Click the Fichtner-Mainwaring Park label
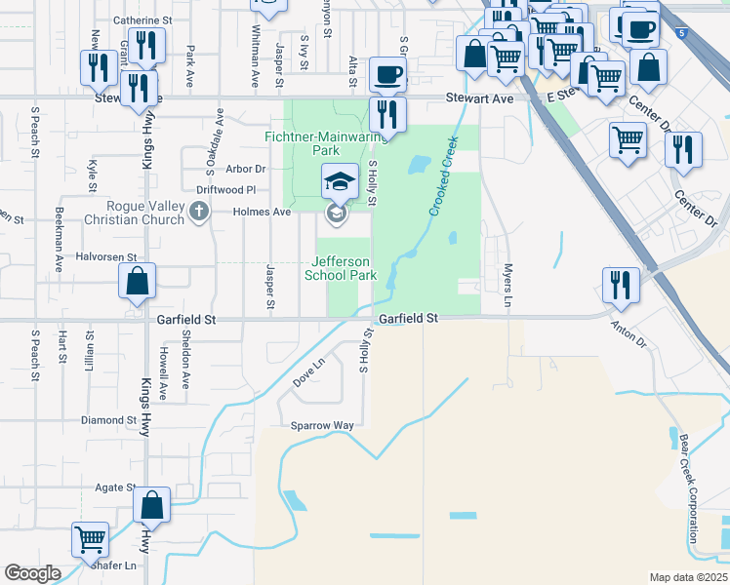pos(303,144)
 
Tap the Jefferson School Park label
pos(341,268)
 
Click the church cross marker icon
pos(199,212)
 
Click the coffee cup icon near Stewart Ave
pos(388,74)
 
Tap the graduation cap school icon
pos(339,181)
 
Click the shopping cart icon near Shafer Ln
pos(91,538)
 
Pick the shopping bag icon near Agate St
pos(151,504)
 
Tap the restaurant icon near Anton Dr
pos(620,284)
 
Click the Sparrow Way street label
pos(322,426)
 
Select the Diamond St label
pos(107,420)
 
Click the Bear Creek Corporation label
pos(688,487)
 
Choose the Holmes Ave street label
pos(263,212)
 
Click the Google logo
pos(32,573)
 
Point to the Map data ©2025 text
pos(689,577)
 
